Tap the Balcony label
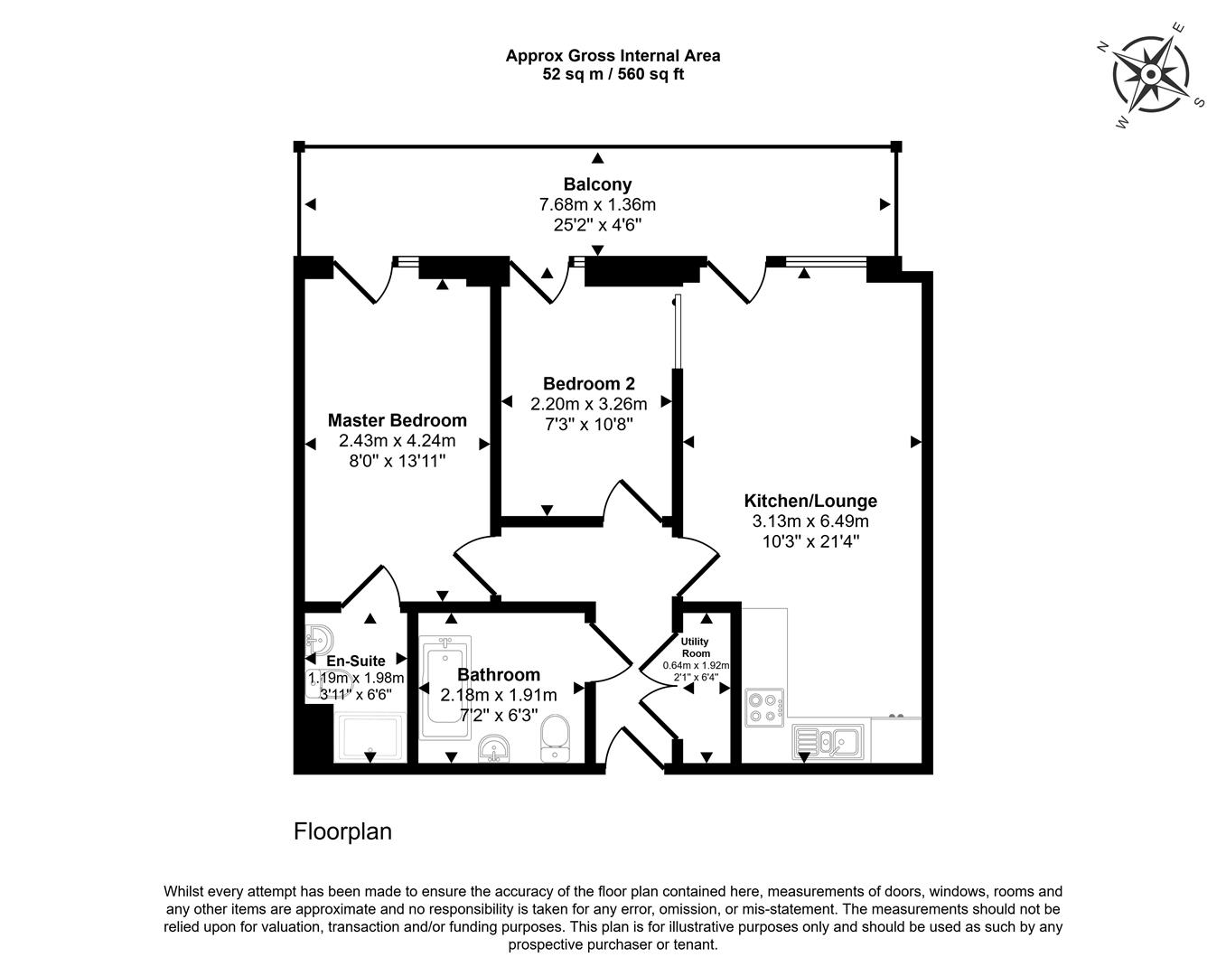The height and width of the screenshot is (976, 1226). tap(597, 184)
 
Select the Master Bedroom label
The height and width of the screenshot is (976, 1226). tap(397, 420)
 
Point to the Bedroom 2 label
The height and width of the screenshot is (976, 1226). tap(588, 383)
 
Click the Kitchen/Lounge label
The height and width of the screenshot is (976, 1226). tap(810, 501)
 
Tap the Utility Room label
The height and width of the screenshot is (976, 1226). tap(696, 647)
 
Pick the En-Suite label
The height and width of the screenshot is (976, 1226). tap(356, 661)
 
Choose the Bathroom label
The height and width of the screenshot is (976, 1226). tap(499, 674)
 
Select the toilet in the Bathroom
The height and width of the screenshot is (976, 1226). tap(555, 740)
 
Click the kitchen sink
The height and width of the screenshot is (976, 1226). tap(828, 742)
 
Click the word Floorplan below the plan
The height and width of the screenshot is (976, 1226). tap(342, 831)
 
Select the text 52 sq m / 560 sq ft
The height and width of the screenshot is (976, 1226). tap(613, 74)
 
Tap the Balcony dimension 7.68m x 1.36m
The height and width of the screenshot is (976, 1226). tap(597, 205)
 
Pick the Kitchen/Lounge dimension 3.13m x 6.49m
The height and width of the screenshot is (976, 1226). tap(810, 521)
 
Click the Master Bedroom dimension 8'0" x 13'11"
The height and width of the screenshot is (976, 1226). tap(397, 461)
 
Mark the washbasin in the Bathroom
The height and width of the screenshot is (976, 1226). tap(493, 749)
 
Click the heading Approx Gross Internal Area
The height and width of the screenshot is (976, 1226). tap(613, 55)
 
